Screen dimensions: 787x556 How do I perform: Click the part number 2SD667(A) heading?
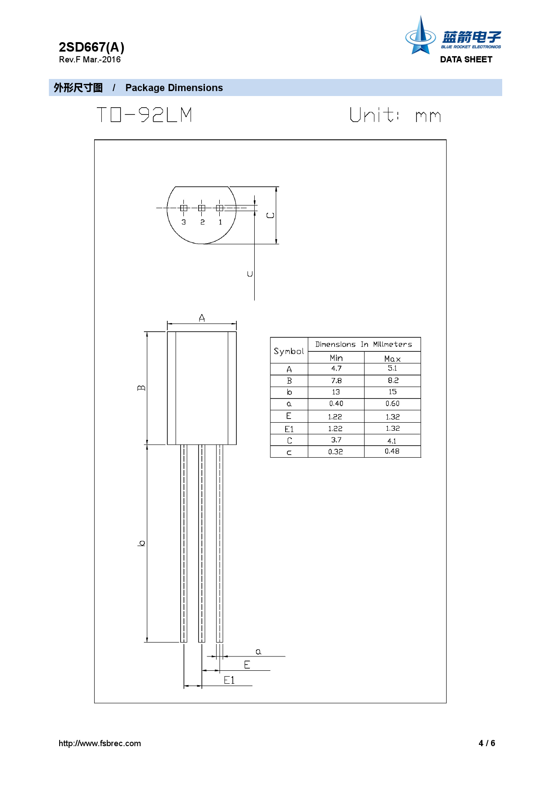91,47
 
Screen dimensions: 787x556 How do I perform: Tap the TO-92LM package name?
144,115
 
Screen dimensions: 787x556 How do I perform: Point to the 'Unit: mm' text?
395,115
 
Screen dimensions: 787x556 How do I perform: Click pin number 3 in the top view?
183,222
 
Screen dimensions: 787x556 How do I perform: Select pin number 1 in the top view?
220,222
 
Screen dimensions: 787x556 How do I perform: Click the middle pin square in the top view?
202,208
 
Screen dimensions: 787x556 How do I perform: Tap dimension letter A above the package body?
202,318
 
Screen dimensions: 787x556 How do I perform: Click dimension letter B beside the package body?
141,388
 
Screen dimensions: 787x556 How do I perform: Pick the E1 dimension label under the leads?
229,680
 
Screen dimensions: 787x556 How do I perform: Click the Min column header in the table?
336,358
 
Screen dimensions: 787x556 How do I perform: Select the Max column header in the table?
392,359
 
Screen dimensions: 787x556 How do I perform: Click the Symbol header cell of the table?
289,351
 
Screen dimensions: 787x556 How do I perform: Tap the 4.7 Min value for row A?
336,368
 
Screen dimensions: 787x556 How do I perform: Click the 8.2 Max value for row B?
393,380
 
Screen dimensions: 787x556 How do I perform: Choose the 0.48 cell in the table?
392,451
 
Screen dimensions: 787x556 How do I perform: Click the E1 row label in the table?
289,429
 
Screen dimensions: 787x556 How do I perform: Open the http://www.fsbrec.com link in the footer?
100,743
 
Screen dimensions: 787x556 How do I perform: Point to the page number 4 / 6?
486,743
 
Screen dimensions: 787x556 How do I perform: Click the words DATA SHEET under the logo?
466,59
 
